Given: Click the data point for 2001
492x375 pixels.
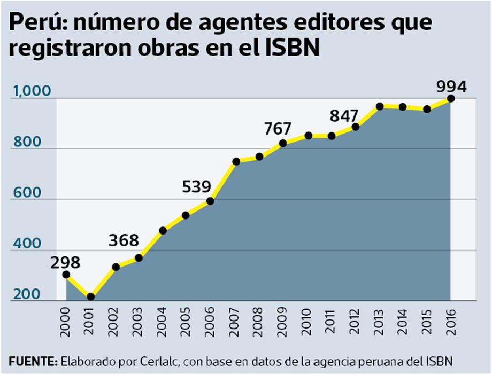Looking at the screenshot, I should coord(90,296).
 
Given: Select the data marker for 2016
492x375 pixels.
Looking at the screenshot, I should coord(450,98).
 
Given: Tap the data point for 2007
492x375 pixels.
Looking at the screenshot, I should coord(235,161).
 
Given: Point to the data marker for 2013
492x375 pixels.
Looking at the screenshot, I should coord(379,106).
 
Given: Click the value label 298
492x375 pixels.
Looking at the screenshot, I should coord(65,262).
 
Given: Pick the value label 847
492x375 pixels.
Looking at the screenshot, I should coord(344,115).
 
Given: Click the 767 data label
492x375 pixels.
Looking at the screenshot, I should coord(277,129).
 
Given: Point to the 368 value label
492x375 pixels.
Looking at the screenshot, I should coord(124,240).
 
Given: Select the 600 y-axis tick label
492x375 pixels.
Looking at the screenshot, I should coord(26,193).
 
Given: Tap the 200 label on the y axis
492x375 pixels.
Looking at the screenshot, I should coord(26,294).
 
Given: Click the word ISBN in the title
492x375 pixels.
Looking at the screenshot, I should coord(292,48).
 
